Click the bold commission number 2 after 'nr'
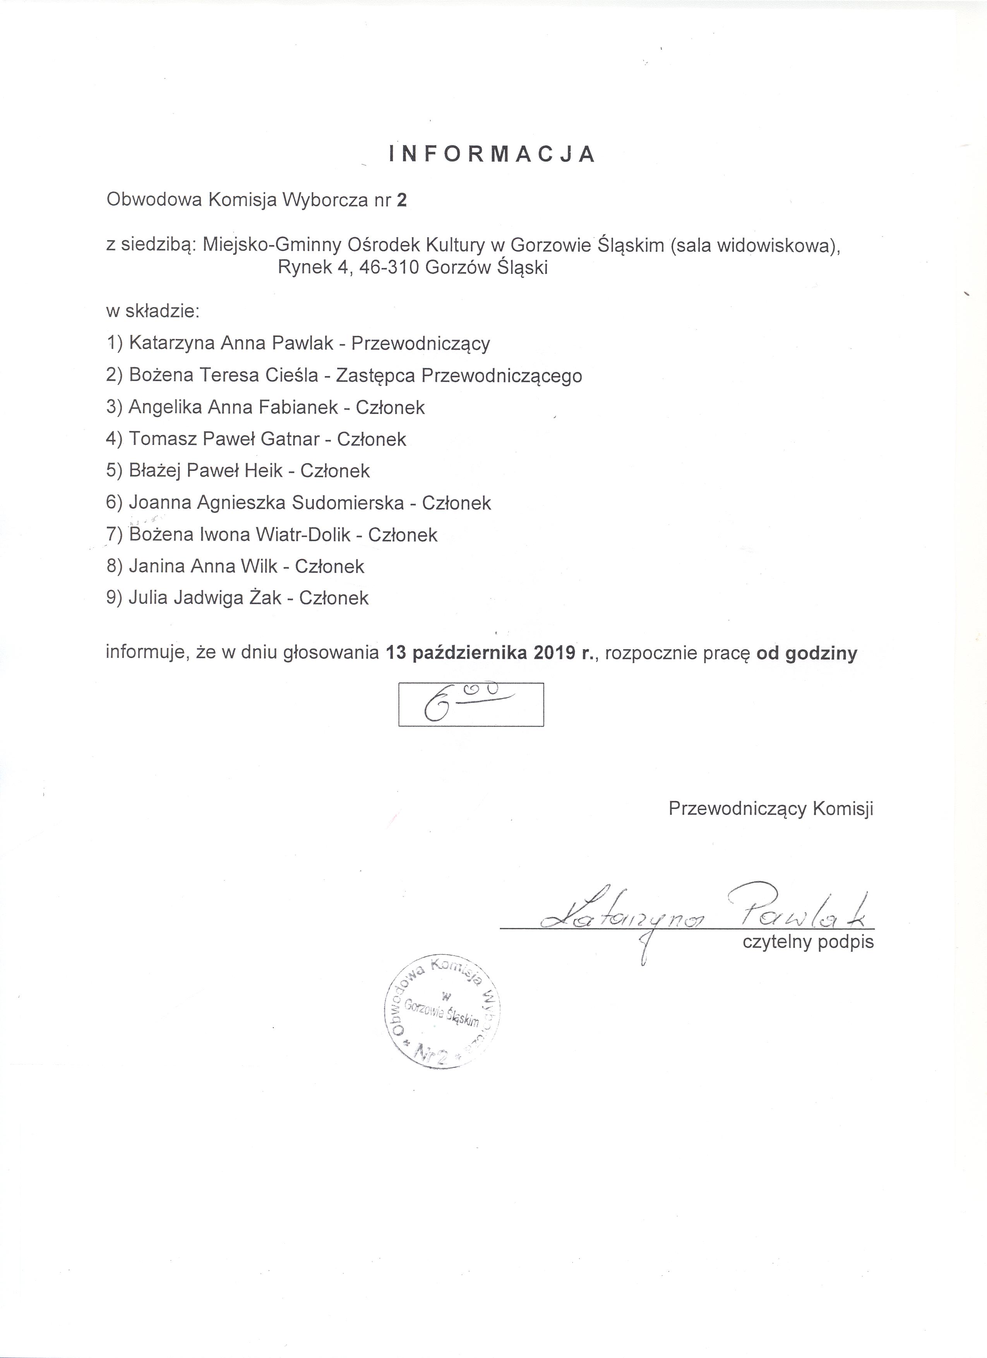(x=401, y=200)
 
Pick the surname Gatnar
(x=290, y=440)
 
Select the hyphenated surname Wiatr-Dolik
(x=303, y=535)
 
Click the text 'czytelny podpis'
(x=808, y=942)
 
